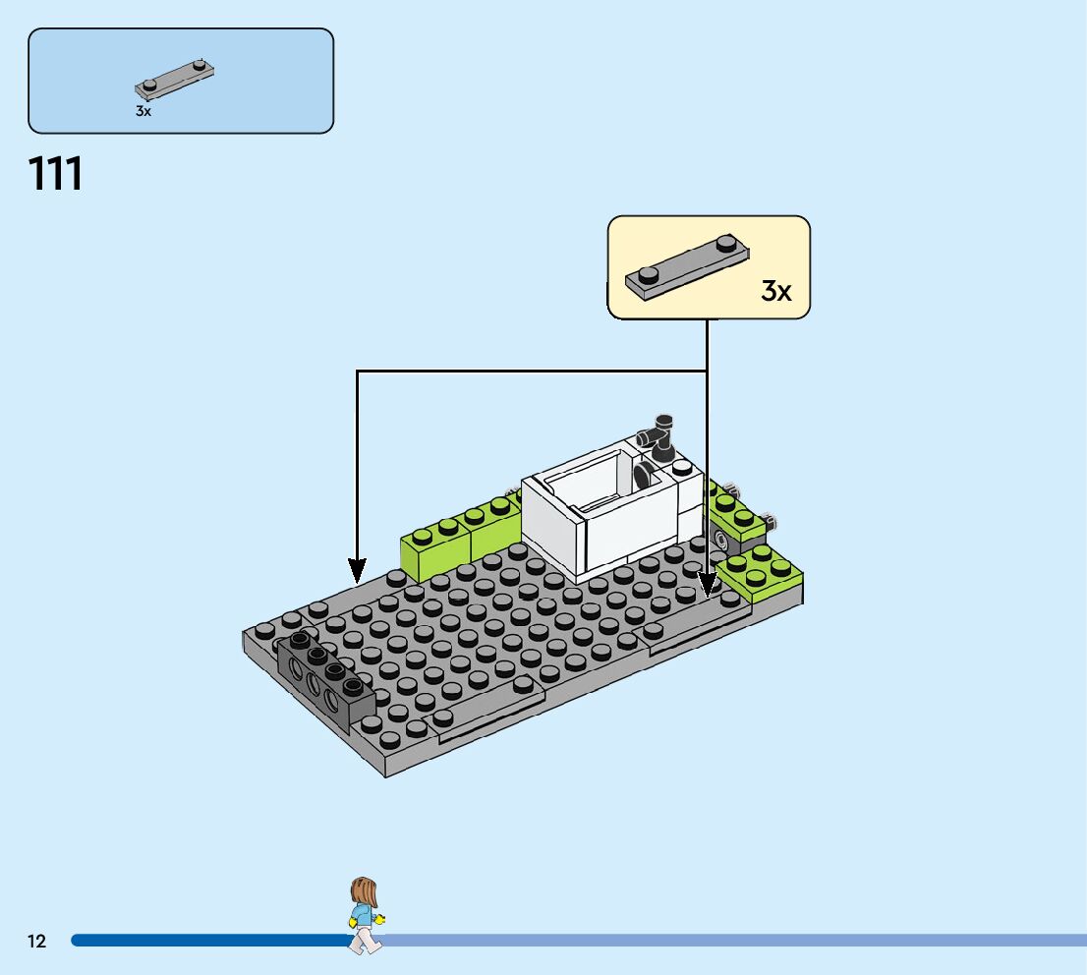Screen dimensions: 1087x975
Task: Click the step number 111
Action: click(x=56, y=174)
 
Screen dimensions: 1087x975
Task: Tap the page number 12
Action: click(x=37, y=942)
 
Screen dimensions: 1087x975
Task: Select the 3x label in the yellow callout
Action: click(x=775, y=291)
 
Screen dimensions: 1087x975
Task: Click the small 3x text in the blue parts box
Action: click(x=143, y=112)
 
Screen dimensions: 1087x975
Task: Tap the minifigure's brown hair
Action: click(x=363, y=891)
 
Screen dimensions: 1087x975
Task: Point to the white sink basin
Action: click(x=590, y=491)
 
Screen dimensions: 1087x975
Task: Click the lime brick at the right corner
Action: click(x=761, y=574)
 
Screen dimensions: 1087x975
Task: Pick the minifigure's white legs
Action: click(x=366, y=941)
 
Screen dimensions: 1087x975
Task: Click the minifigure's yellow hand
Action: click(x=379, y=920)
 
